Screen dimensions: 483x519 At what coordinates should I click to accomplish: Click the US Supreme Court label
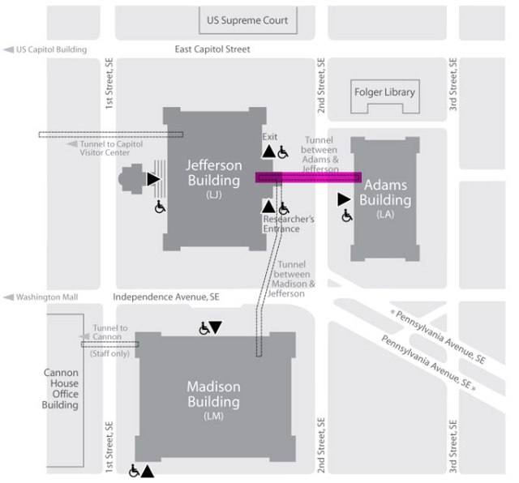(x=248, y=19)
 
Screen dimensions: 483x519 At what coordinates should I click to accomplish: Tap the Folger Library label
(x=384, y=92)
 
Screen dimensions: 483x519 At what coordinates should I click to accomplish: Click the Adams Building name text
(x=386, y=192)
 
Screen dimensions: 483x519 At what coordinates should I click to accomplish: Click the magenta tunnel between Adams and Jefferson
(x=309, y=177)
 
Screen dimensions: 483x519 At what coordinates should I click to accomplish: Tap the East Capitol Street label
(x=212, y=49)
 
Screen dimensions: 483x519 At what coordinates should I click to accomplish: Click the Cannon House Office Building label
(x=61, y=388)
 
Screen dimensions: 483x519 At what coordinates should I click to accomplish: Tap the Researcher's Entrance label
(x=282, y=224)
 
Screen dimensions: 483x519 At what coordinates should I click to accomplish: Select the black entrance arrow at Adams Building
(x=344, y=199)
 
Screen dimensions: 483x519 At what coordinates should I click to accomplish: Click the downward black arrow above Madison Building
(x=215, y=327)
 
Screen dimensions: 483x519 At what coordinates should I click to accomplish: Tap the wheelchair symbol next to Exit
(x=283, y=152)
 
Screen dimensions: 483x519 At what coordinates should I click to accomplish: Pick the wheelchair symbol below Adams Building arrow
(x=346, y=216)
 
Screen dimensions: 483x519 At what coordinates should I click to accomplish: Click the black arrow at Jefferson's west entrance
(x=152, y=178)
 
